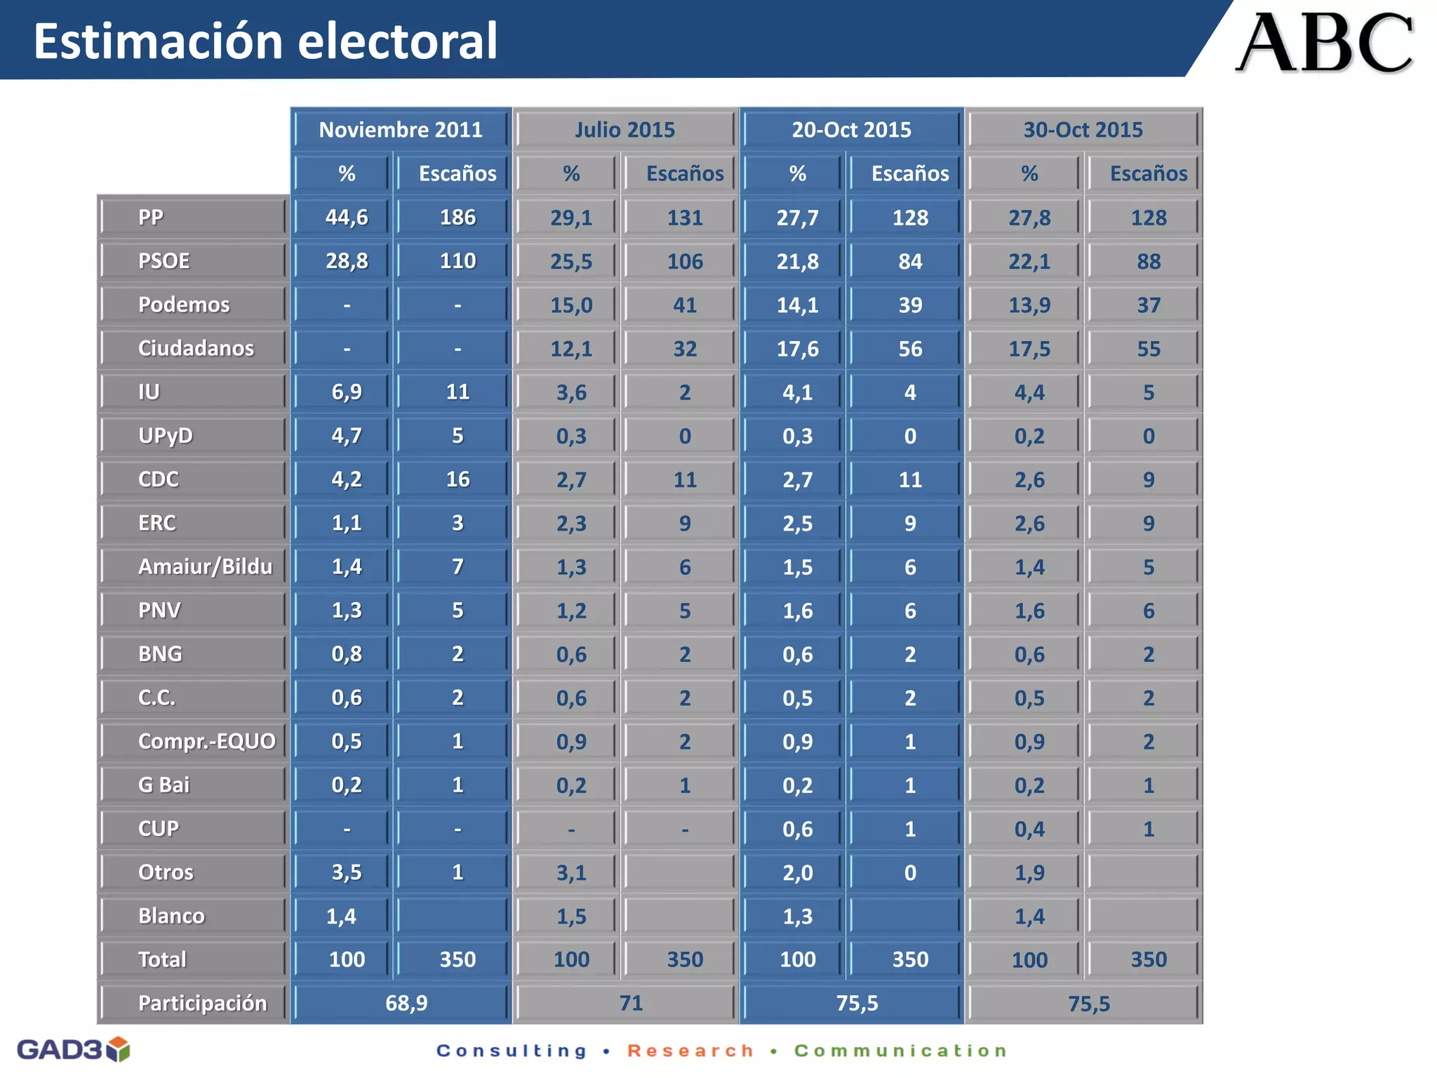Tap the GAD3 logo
pos(73,1049)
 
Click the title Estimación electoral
pos(265,41)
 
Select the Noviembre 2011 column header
pos(401,130)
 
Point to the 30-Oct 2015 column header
pos(1083,130)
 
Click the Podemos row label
pos(184,305)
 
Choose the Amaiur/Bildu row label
pos(205,566)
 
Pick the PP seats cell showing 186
pos(457,218)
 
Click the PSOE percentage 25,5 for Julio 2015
pos(571,262)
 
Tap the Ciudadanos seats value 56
pos(910,349)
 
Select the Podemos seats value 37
pos(1149,305)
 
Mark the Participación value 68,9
pos(406,1003)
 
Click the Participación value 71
pos(631,1003)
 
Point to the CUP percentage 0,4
pos(1029,830)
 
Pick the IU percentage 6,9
pos(347,392)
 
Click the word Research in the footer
pos(690,1051)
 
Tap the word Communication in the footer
pos(901,1051)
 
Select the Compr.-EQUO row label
pos(206,741)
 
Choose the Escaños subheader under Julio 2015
pos(685,173)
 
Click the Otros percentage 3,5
pos(347,872)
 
